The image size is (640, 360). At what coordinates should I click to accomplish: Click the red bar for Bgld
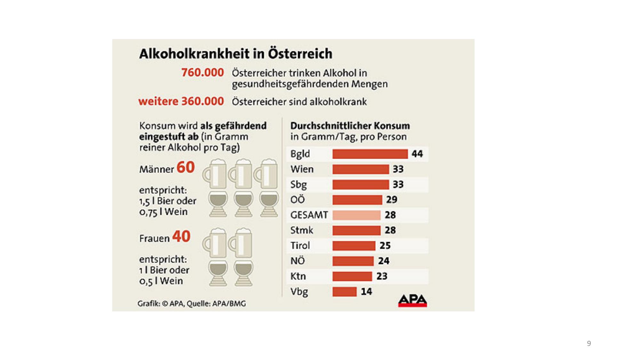370,154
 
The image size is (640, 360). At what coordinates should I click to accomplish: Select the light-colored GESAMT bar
356,215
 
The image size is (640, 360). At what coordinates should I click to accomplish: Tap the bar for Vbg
344,292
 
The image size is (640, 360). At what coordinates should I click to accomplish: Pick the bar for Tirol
354,246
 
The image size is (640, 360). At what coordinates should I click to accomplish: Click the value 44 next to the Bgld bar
417,154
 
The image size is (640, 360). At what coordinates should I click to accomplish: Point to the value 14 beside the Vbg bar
366,292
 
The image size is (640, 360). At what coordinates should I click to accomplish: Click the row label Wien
302,169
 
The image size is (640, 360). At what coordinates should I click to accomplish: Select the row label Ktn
298,276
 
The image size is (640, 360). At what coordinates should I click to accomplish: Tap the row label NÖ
297,261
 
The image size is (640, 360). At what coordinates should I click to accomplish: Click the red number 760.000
202,73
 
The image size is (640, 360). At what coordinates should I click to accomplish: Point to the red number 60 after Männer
186,167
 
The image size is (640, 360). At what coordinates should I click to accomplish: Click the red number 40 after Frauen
181,237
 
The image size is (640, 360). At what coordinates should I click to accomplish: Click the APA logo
412,301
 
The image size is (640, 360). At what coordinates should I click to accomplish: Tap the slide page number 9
589,344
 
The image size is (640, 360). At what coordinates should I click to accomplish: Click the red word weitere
158,101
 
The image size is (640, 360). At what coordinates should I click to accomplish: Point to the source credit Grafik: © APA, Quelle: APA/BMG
192,303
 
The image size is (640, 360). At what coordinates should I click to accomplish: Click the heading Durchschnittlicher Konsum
350,125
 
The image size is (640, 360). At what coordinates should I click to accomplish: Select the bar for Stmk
356,230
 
